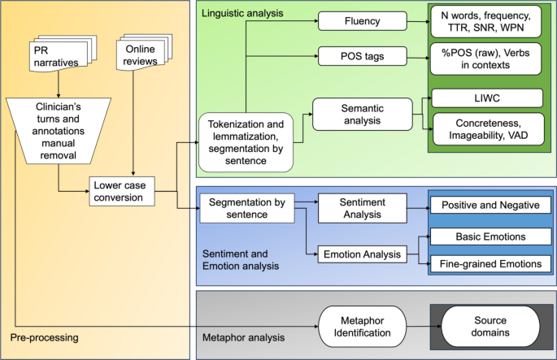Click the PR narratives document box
(57, 59)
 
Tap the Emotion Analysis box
(361, 254)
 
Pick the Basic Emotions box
(490, 236)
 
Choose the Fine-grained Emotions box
(490, 264)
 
